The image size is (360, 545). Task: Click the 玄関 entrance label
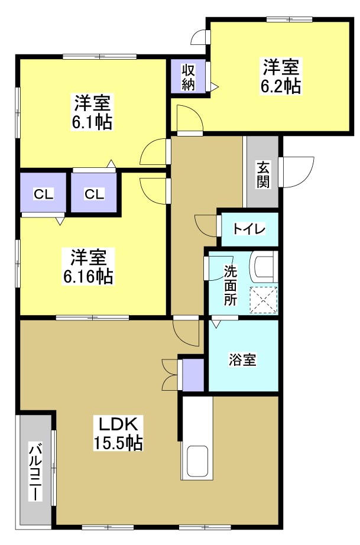263,174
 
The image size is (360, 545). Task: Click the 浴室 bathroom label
243,359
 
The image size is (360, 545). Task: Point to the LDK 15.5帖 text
118,433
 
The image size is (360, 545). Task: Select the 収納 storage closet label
189,77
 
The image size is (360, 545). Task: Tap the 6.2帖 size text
281,86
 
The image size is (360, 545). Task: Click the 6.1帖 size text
93,122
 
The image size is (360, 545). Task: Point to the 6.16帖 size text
89,275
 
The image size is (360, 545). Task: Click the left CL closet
43,193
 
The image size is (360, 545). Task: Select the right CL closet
94,193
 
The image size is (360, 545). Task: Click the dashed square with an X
263,299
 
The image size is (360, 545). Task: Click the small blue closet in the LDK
192,374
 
